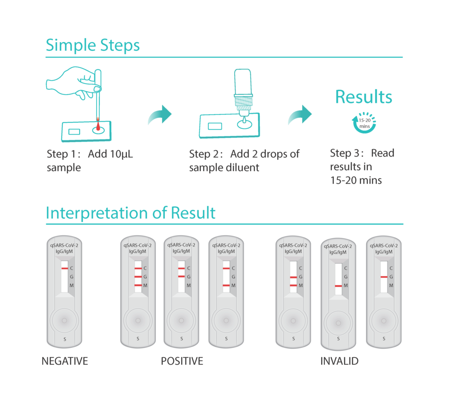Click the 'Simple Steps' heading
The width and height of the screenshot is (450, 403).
(x=93, y=45)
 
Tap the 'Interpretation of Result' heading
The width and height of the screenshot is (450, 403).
(x=131, y=213)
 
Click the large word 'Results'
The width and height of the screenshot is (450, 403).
(x=363, y=97)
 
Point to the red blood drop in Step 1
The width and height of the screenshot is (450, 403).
(x=98, y=126)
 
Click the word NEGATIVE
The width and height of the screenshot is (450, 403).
(x=65, y=361)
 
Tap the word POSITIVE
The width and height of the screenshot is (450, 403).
(x=182, y=361)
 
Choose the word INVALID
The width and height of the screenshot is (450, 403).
(x=339, y=361)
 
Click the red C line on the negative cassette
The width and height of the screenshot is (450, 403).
(x=65, y=268)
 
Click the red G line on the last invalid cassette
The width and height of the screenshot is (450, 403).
(x=384, y=277)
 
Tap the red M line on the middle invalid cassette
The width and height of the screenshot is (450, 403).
(x=338, y=286)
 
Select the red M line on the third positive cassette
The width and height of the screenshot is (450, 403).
(x=226, y=286)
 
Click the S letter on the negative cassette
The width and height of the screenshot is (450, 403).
(x=65, y=339)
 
